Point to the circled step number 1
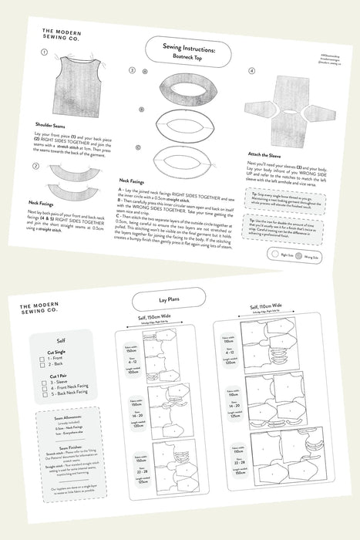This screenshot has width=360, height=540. tap(45, 53)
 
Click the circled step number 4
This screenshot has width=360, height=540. tap(252, 71)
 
